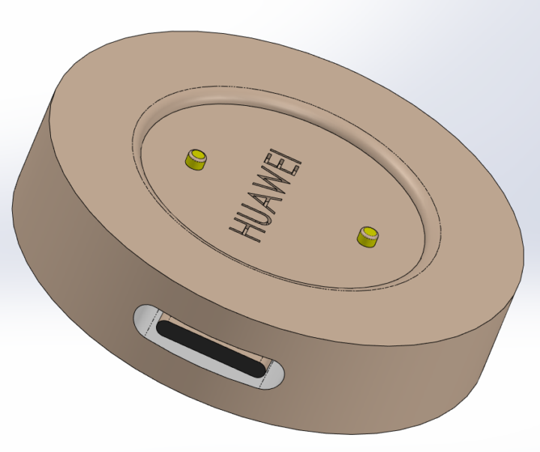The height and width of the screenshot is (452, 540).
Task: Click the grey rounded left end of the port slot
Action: [145, 320]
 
